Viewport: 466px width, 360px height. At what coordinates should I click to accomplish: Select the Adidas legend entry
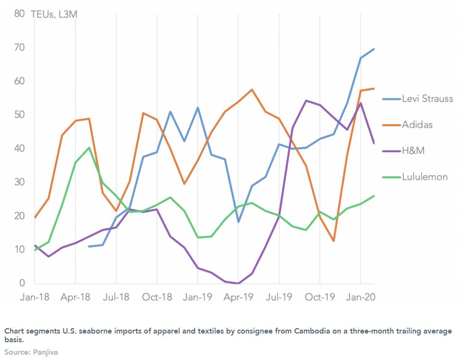click(417, 125)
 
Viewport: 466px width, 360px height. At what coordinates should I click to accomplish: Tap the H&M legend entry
click(413, 151)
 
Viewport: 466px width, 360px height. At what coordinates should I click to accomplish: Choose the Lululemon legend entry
click(425, 177)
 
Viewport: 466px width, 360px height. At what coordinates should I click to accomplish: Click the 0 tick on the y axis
click(22, 283)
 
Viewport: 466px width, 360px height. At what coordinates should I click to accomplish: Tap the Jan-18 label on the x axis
click(34, 297)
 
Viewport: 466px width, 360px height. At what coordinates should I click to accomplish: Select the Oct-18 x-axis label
click(156, 297)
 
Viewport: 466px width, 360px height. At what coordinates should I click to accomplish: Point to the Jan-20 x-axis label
click(361, 297)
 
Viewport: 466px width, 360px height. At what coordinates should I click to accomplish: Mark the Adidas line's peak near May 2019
click(252, 90)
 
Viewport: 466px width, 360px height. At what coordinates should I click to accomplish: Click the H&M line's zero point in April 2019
click(238, 283)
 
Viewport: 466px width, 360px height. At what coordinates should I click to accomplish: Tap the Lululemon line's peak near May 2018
click(89, 147)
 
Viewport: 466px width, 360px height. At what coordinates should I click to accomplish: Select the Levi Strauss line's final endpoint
click(374, 49)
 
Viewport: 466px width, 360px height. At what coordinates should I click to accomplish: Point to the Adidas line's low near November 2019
click(334, 241)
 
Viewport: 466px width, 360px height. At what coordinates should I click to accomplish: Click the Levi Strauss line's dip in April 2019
click(238, 222)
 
